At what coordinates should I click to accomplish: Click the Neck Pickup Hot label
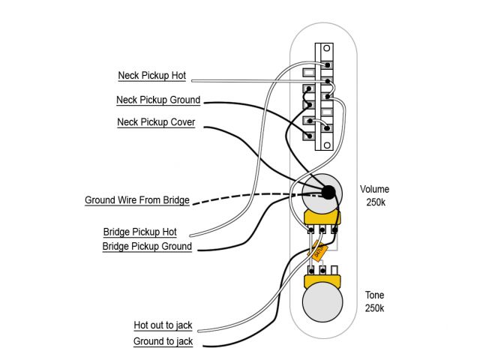(152, 76)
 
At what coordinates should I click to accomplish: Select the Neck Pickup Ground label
(158, 100)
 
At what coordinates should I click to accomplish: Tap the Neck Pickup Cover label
(156, 122)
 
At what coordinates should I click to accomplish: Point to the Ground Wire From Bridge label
(137, 201)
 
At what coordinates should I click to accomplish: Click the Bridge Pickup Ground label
(147, 246)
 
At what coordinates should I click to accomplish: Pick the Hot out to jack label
(163, 325)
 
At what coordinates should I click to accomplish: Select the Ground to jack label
(163, 341)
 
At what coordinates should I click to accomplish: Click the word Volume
(375, 189)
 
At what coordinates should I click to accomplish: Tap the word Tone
(374, 295)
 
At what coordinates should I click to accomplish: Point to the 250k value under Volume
(375, 202)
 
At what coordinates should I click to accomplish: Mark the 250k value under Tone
(374, 308)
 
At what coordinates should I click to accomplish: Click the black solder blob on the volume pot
(328, 193)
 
